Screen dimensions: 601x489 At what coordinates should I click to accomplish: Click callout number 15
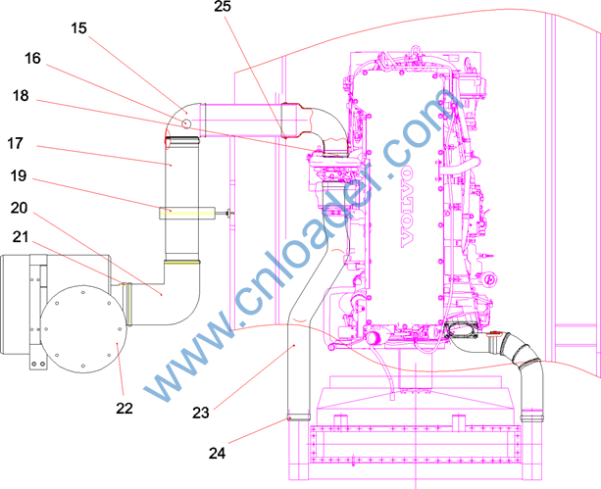point(79,28)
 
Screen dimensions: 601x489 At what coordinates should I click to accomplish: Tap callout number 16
point(32,58)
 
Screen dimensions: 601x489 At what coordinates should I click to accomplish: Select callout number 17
point(16,143)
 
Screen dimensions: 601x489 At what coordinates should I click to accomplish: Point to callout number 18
point(21,95)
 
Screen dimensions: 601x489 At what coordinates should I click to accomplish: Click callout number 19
point(19,175)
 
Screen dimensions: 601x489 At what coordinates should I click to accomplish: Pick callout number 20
point(20,208)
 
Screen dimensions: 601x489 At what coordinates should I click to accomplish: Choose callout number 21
point(21,237)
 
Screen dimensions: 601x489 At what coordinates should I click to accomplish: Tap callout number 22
point(125,408)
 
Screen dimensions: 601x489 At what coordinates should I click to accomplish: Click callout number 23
point(201,413)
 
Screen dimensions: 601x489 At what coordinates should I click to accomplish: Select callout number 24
point(218,454)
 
